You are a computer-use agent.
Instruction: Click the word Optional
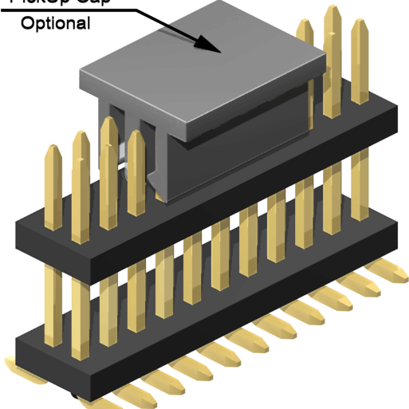click(55, 23)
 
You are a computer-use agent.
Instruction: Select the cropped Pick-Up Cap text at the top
click(56, 2)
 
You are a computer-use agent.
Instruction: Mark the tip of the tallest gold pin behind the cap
click(333, 12)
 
